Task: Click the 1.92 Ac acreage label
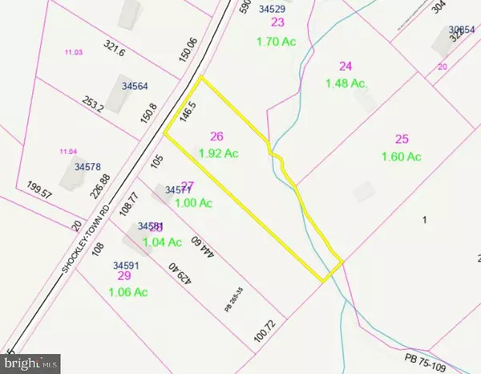[x=218, y=152]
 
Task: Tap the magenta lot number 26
[x=216, y=136]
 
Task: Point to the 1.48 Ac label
[x=346, y=83]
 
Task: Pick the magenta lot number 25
[x=402, y=140]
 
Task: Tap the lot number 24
[x=346, y=67]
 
